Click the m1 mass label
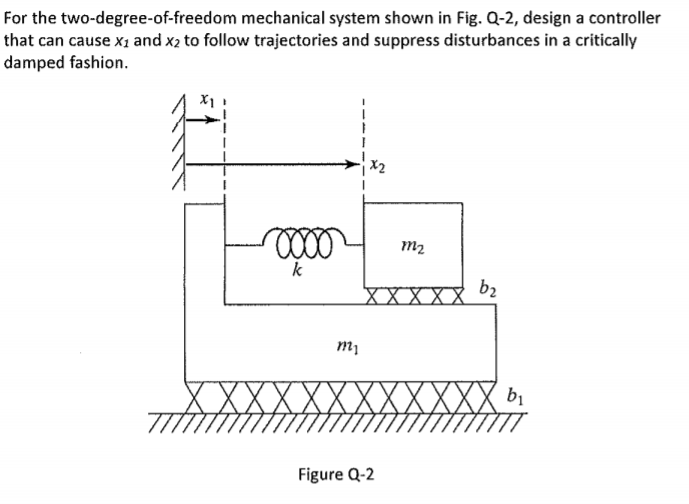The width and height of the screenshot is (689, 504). point(342,345)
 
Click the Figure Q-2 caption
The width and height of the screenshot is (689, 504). point(337,473)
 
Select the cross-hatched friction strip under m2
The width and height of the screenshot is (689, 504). point(414,296)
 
